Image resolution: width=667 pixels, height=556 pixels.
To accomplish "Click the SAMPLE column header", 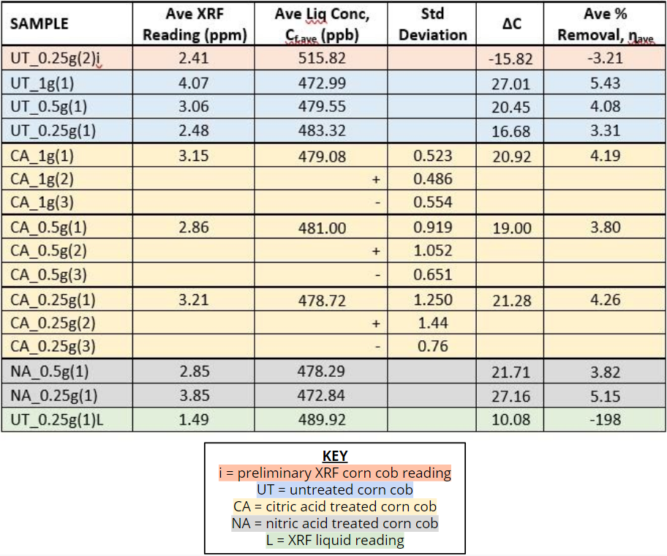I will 39,24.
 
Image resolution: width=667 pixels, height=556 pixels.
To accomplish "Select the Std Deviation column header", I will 433,24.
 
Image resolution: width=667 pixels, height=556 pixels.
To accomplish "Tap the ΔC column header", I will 510,24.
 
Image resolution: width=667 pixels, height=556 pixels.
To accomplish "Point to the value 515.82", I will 322,58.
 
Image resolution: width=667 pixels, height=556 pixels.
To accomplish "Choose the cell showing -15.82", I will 512,59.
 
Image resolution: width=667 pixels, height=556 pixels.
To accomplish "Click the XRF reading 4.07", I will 194,83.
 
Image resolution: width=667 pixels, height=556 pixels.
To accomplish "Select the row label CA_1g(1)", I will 42,155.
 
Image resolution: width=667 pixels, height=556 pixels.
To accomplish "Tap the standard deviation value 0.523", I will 433,155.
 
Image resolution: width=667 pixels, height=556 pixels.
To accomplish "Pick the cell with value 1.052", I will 433,251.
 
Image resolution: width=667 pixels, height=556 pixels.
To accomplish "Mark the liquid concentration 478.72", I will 322,300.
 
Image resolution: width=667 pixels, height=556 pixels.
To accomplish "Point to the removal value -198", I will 604,420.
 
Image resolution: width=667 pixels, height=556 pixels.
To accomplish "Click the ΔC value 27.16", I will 511,397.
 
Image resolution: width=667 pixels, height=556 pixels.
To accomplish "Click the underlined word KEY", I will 335,457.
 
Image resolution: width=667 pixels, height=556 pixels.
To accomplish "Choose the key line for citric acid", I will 335,506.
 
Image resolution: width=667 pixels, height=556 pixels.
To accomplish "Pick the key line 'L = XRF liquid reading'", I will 335,540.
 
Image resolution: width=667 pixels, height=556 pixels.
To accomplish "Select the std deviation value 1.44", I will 433,323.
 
